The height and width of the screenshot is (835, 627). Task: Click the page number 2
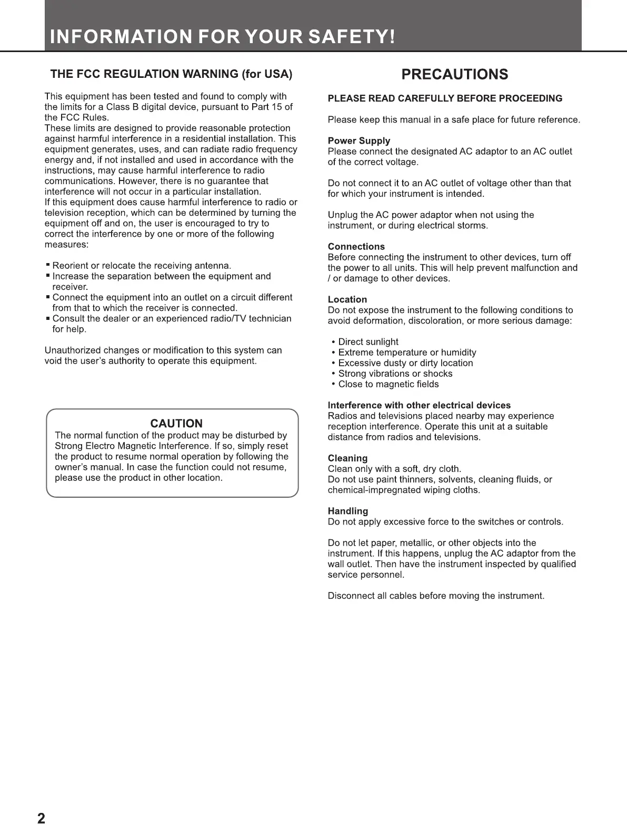click(41, 819)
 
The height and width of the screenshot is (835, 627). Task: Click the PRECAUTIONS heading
click(454, 74)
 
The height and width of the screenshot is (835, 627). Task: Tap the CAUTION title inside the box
click(176, 424)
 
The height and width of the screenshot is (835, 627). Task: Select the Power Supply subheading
click(359, 141)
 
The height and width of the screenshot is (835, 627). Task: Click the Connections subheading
click(356, 247)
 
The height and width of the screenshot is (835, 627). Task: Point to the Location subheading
click(347, 299)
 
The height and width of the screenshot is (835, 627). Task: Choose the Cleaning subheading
click(347, 458)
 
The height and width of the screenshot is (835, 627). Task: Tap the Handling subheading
click(347, 511)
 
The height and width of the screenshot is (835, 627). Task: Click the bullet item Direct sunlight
click(368, 342)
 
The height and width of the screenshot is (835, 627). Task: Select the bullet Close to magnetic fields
click(388, 384)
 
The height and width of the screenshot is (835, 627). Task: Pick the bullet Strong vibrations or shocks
click(395, 374)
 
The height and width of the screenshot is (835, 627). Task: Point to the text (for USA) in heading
click(266, 74)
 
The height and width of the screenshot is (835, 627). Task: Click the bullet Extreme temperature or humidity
click(407, 353)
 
